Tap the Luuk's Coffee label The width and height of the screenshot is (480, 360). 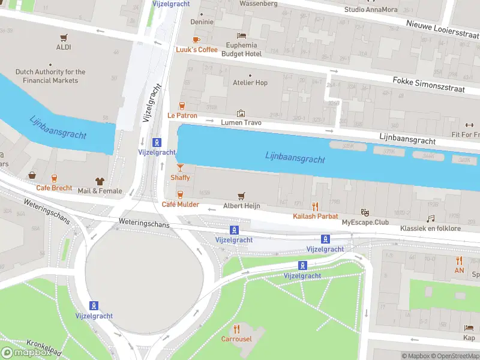[x=197, y=50]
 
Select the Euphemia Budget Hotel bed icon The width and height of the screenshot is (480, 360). [x=242, y=36]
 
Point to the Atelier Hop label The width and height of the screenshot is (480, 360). [x=250, y=83]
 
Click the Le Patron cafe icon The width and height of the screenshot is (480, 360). [x=182, y=106]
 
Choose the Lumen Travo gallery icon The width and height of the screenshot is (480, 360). [x=241, y=113]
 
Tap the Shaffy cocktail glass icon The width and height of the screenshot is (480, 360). [x=180, y=167]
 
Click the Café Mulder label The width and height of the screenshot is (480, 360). [x=180, y=205]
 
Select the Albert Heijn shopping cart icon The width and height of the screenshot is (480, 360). [x=241, y=196]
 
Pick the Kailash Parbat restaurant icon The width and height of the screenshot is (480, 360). [x=315, y=206]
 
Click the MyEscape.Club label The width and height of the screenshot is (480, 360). [x=365, y=222]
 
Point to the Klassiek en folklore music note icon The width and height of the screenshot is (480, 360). [x=430, y=219]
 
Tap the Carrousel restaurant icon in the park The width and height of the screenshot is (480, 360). [x=236, y=329]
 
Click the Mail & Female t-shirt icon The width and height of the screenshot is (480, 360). [x=100, y=181]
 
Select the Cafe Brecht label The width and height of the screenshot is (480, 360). [x=54, y=188]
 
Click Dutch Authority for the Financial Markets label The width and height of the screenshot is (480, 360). [x=50, y=76]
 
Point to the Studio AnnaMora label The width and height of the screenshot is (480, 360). [x=371, y=10]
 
